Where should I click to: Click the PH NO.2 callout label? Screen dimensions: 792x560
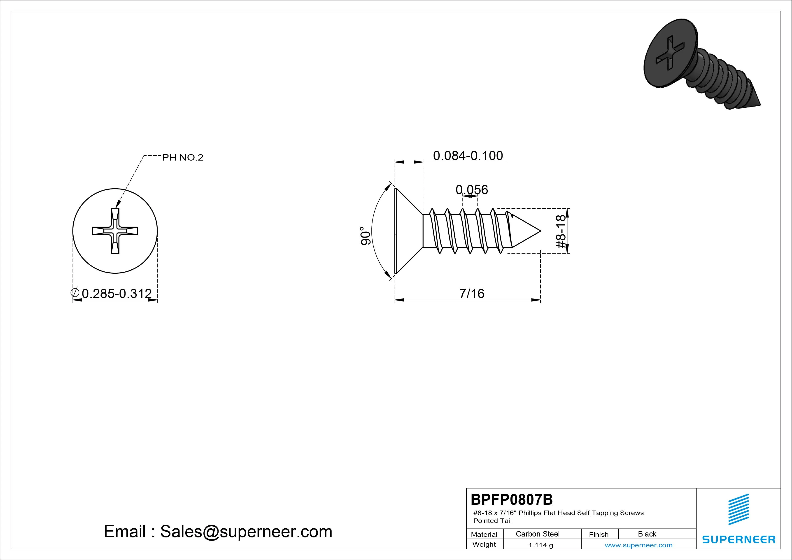click(183, 158)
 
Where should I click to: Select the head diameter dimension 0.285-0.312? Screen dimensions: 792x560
click(116, 294)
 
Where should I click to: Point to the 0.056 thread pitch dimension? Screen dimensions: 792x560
click(472, 189)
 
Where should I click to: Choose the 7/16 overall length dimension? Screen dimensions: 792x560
click(472, 294)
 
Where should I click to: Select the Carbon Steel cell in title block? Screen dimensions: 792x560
click(537, 534)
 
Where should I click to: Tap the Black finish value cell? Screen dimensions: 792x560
click(647, 534)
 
